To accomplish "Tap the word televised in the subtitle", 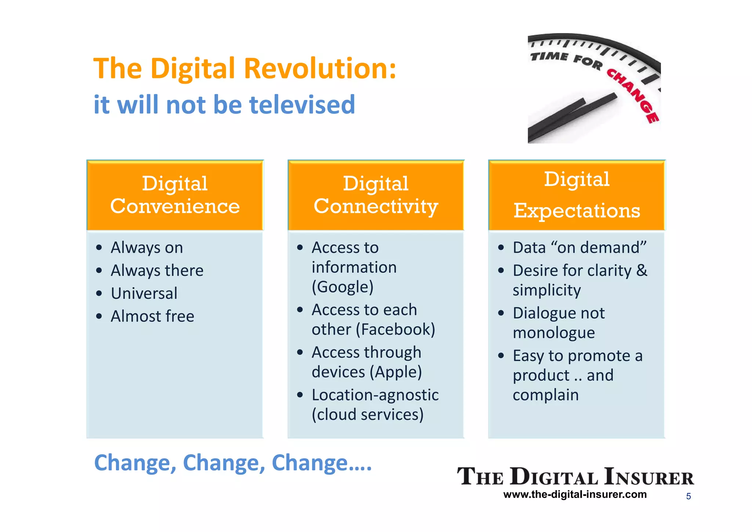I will pyautogui.click(x=302, y=105).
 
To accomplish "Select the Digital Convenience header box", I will pyautogui.click(x=175, y=195).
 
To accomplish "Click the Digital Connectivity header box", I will pyautogui.click(x=376, y=195).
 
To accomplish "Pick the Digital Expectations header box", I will pyautogui.click(x=576, y=195).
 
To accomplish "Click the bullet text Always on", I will pyautogui.click(x=147, y=248).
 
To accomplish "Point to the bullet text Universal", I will pyautogui.click(x=144, y=294).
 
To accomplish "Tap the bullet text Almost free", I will pyautogui.click(x=152, y=316).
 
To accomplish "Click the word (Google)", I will pyautogui.click(x=343, y=287).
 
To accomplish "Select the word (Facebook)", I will pyautogui.click(x=395, y=330).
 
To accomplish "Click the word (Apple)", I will pyautogui.click(x=396, y=372).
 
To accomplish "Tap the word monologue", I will pyautogui.click(x=554, y=333).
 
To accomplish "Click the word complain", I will pyautogui.click(x=546, y=395).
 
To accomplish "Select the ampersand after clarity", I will pyautogui.click(x=641, y=270).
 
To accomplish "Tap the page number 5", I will pyautogui.click(x=688, y=496).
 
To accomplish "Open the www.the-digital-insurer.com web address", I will pyautogui.click(x=575, y=495).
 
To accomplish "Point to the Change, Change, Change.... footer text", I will pyautogui.click(x=233, y=463).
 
